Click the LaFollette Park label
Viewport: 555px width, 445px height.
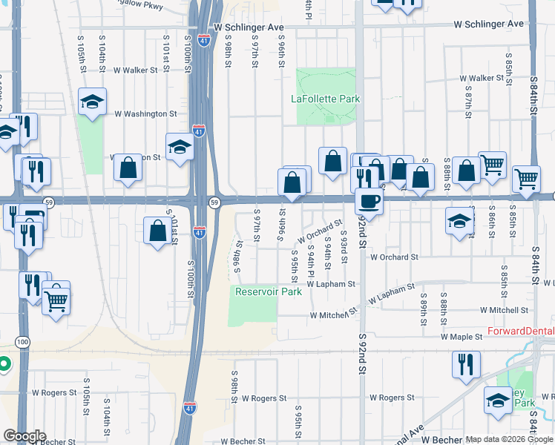coord(325,99)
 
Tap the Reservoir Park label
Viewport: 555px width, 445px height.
coord(269,291)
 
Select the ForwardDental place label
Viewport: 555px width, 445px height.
coord(520,332)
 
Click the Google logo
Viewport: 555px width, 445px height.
coord(24,436)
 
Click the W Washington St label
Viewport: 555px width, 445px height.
coord(145,114)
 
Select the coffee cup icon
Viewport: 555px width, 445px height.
coord(369,201)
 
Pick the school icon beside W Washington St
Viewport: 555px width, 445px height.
coord(93,103)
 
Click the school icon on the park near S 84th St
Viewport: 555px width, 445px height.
coord(497,401)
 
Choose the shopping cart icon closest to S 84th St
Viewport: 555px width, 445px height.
coord(526,178)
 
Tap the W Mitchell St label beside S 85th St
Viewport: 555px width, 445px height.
coord(504,311)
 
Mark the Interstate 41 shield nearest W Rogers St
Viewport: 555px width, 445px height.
coord(190,407)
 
